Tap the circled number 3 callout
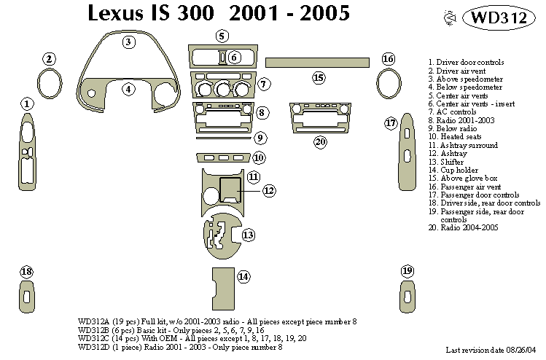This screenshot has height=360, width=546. (x=128, y=42)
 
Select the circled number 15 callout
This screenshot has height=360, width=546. (x=318, y=77)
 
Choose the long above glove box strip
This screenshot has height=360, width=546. (x=314, y=62)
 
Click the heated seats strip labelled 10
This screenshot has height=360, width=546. (x=222, y=157)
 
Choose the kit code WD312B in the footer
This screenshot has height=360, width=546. (x=93, y=329)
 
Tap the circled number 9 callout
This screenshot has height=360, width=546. (x=260, y=138)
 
